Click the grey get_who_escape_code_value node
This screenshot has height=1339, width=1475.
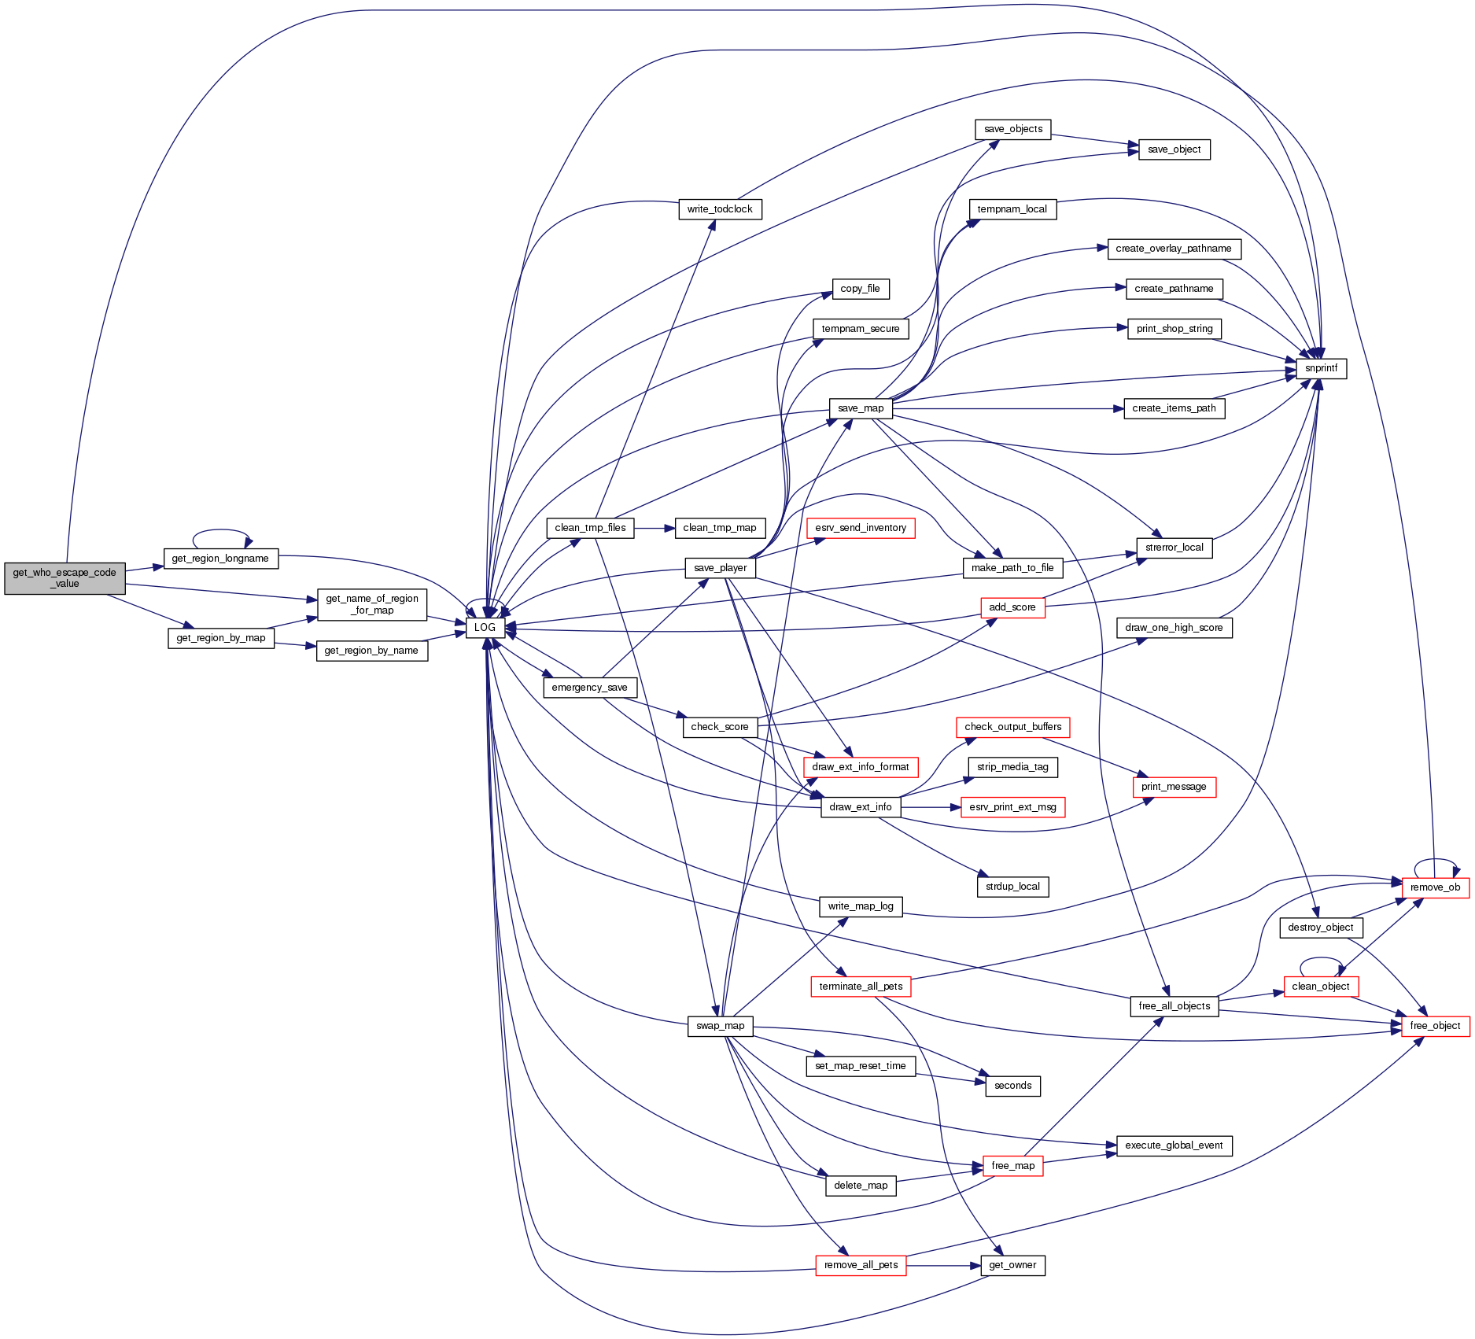point(65,578)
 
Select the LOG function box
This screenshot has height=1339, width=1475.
point(485,627)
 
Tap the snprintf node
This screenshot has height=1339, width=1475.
point(1321,368)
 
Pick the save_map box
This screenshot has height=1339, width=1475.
point(861,408)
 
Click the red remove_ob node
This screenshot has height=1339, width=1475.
point(1435,887)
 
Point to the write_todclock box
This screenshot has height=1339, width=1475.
point(720,209)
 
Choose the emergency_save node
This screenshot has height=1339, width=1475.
point(589,688)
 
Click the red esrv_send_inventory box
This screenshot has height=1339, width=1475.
point(861,528)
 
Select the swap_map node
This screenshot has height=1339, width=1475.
point(720,1026)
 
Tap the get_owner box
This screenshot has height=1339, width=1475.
point(1012,1265)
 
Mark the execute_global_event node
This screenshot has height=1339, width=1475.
point(1174,1145)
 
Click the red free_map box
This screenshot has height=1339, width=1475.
point(1012,1166)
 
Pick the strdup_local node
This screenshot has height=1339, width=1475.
point(1012,887)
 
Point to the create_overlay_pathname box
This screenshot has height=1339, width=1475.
point(1174,249)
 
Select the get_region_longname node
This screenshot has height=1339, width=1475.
point(220,559)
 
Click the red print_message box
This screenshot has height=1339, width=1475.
point(1174,787)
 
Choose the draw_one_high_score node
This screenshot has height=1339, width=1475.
point(1174,628)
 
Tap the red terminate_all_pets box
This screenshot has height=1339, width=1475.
point(861,987)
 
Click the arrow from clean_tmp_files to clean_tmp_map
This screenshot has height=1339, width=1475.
point(654,528)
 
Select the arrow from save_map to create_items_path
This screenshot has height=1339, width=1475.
point(1007,409)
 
